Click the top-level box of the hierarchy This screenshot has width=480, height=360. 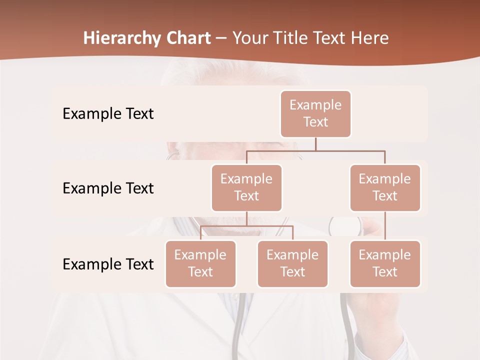click(315, 114)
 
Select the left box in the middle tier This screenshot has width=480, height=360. click(246, 187)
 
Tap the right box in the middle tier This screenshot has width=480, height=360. click(385, 187)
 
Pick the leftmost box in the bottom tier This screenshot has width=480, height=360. click(200, 263)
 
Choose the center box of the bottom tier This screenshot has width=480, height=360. click(292, 263)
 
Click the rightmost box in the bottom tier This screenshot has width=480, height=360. click(385, 263)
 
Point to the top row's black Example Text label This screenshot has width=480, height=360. click(108, 114)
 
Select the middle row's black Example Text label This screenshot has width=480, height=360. click(108, 188)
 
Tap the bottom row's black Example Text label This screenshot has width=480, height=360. click(108, 264)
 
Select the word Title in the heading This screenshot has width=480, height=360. click(292, 38)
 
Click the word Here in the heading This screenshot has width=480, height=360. click(370, 38)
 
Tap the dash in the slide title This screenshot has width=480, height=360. click(221, 38)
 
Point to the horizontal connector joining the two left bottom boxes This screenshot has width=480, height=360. click(246, 226)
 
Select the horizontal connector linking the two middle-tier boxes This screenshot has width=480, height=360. click(315, 150)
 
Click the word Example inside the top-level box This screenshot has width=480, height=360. click(315, 105)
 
